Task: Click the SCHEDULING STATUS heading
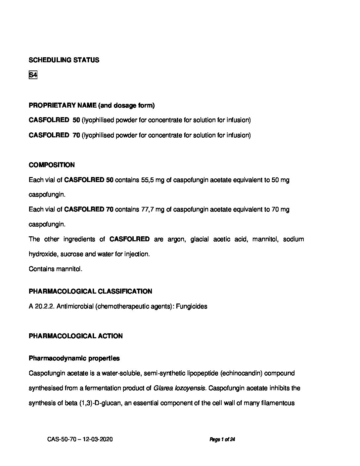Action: (x=64, y=60)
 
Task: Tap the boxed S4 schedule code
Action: (x=33, y=75)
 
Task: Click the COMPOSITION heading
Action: (x=52, y=165)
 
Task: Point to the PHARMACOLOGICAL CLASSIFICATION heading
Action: (x=90, y=291)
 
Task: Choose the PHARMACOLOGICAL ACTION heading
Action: (x=75, y=336)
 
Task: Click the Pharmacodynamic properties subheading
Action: (x=74, y=358)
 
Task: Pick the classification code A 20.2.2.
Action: (x=42, y=306)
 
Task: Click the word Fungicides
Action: (x=192, y=306)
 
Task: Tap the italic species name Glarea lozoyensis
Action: (x=180, y=388)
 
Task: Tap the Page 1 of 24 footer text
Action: (x=222, y=440)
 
